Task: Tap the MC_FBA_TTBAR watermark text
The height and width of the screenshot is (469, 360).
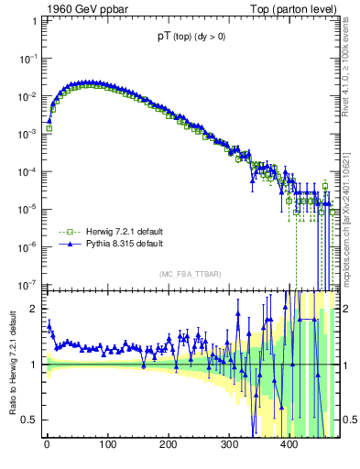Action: pos(191,275)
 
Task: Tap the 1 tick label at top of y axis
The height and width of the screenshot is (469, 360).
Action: pos(33,20)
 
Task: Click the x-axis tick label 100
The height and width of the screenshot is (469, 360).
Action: pos(107,446)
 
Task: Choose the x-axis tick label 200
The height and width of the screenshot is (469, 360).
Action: pos(168,446)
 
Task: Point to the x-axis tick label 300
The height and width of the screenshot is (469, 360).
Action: pos(228,446)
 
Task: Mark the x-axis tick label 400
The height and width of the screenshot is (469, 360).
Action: pos(289,446)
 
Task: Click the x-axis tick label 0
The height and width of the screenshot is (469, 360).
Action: pos(47,446)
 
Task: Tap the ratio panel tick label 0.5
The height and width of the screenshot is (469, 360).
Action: pos(29,420)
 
